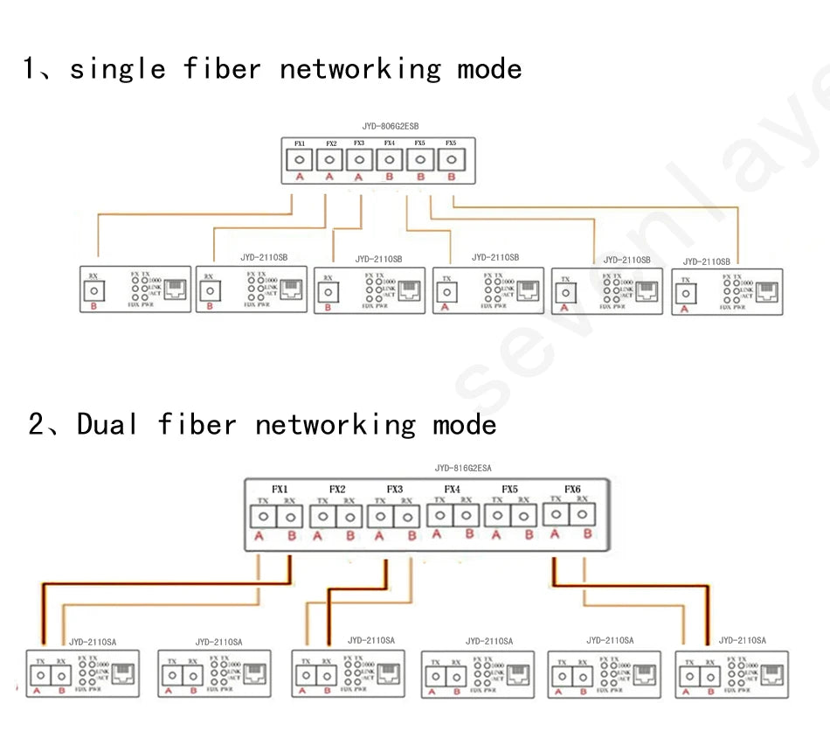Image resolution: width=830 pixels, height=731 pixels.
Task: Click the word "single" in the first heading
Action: (x=117, y=69)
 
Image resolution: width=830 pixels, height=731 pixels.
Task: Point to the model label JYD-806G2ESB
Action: (x=378, y=127)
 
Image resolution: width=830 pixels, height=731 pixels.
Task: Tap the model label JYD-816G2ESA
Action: (x=462, y=469)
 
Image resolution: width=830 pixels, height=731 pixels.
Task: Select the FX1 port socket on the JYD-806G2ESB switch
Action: (x=299, y=160)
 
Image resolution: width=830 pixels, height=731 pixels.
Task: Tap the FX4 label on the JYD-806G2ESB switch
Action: (x=389, y=143)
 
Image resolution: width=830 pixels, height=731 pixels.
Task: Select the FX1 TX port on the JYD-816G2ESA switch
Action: (x=263, y=516)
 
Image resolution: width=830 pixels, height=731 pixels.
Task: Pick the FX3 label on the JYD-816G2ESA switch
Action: (x=394, y=489)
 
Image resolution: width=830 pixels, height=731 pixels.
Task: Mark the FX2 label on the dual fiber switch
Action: (x=337, y=489)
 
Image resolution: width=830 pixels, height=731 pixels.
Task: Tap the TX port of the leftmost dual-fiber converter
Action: (x=40, y=676)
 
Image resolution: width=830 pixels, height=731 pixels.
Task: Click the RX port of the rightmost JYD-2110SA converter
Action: (x=711, y=676)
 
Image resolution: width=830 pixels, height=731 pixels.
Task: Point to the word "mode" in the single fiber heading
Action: (x=489, y=69)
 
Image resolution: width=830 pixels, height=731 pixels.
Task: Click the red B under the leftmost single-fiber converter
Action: (x=93, y=308)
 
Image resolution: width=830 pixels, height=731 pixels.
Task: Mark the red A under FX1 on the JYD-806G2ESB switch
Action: (x=299, y=177)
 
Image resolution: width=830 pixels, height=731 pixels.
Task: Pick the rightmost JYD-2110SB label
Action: (x=706, y=261)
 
